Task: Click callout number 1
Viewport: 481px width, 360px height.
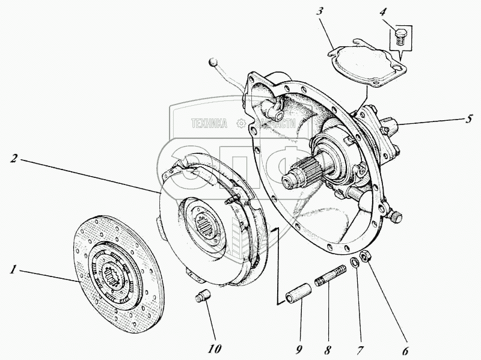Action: [12, 269]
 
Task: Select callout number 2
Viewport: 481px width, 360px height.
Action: [13, 159]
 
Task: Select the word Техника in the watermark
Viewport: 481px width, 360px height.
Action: [209, 124]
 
